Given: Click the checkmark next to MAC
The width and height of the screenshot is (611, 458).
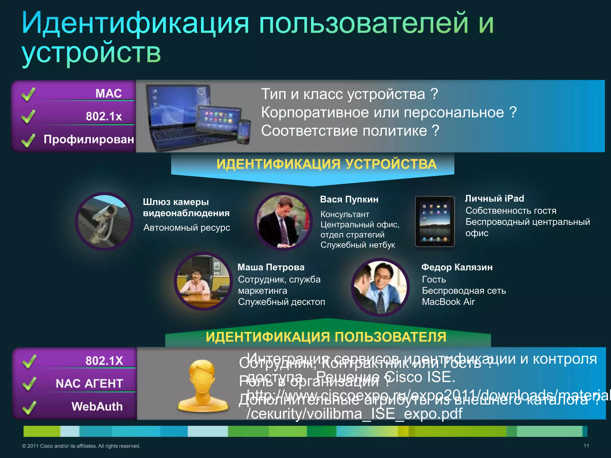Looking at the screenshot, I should tap(28, 94).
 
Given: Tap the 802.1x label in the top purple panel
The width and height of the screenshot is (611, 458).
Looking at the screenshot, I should tap(104, 116).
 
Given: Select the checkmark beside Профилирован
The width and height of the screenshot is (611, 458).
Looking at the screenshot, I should tap(28, 140).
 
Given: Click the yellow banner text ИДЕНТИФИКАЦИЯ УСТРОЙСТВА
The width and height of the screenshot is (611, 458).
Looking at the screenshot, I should tap(326, 164).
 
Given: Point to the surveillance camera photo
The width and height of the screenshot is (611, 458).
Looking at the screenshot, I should tap(104, 221).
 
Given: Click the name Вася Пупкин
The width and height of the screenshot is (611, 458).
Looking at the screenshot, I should tap(349, 199).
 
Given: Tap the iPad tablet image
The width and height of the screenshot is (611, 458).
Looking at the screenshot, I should tap(435, 221).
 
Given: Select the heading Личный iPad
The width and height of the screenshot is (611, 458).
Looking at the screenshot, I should tap(494, 198).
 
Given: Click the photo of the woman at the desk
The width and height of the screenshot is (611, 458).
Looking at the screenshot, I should tap(203, 281).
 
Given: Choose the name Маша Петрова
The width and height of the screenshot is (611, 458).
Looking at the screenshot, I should tap(271, 267).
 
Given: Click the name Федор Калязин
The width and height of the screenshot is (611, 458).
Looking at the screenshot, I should tap(457, 267).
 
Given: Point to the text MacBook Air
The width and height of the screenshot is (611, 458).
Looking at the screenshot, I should tap(448, 302).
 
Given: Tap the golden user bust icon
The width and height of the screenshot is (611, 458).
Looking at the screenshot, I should tap(203, 385).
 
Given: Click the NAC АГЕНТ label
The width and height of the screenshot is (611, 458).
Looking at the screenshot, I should tap(89, 383).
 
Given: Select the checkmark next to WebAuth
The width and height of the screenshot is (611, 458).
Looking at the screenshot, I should tap(29, 407).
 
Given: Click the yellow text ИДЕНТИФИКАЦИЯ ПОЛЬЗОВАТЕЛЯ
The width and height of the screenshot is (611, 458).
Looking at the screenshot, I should tap(326, 337).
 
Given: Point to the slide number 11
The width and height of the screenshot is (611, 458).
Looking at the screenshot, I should tap(586, 446).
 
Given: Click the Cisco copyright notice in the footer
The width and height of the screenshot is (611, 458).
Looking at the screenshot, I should tap(81, 446).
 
